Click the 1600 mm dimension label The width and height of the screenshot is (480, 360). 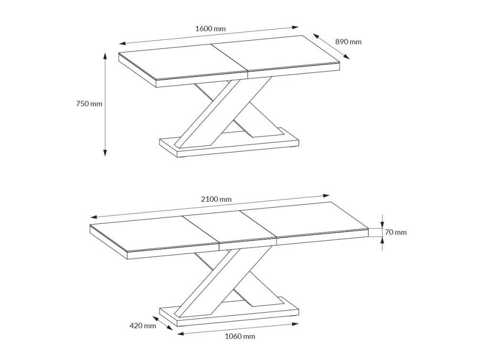click(x=210, y=29)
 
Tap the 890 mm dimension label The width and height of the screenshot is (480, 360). click(x=348, y=42)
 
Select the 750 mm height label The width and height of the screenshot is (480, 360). click(x=89, y=104)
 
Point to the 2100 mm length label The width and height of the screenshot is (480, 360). click(x=216, y=199)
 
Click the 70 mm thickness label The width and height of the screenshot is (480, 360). click(x=396, y=232)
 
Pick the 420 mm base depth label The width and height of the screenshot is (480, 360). click(x=143, y=326)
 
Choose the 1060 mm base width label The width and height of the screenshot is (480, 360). click(x=240, y=337)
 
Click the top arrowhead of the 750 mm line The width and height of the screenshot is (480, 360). click(x=105, y=56)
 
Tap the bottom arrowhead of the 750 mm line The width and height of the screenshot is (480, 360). click(x=105, y=153)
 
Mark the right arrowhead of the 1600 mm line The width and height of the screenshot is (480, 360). click(x=296, y=27)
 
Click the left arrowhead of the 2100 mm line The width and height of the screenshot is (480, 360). click(x=94, y=217)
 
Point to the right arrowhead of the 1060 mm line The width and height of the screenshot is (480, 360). click(x=295, y=324)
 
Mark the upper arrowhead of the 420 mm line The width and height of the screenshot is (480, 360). click(x=156, y=318)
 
